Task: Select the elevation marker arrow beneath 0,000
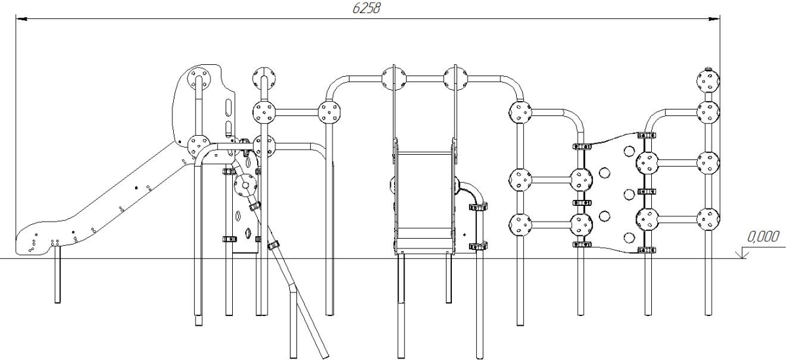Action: [745, 252]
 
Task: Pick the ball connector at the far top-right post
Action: [708, 81]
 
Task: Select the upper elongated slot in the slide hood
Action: [228, 106]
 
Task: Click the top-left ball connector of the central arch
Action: [393, 81]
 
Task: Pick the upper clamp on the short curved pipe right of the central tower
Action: [476, 208]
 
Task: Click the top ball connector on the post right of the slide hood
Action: [264, 77]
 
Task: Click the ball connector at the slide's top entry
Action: [197, 144]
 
